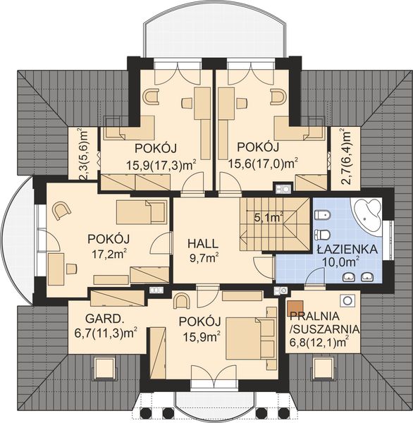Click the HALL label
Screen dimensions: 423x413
click(x=202, y=243)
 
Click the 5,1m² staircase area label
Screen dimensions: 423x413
click(x=269, y=218)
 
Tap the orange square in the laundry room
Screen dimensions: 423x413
click(x=292, y=308)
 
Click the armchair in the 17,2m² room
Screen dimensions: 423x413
click(x=61, y=209)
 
